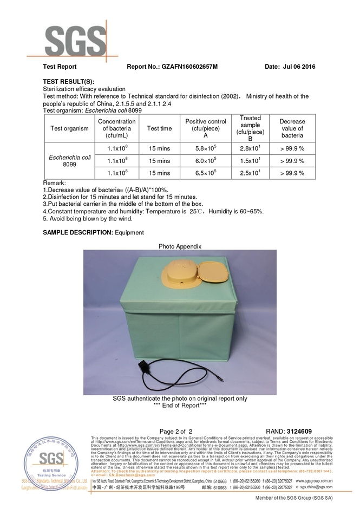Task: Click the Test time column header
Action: pyautogui.click(x=159, y=128)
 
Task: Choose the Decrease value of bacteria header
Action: pyautogui.click(x=292, y=128)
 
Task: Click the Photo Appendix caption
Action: pyautogui.click(x=180, y=246)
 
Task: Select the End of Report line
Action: pyautogui.click(x=180, y=405)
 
